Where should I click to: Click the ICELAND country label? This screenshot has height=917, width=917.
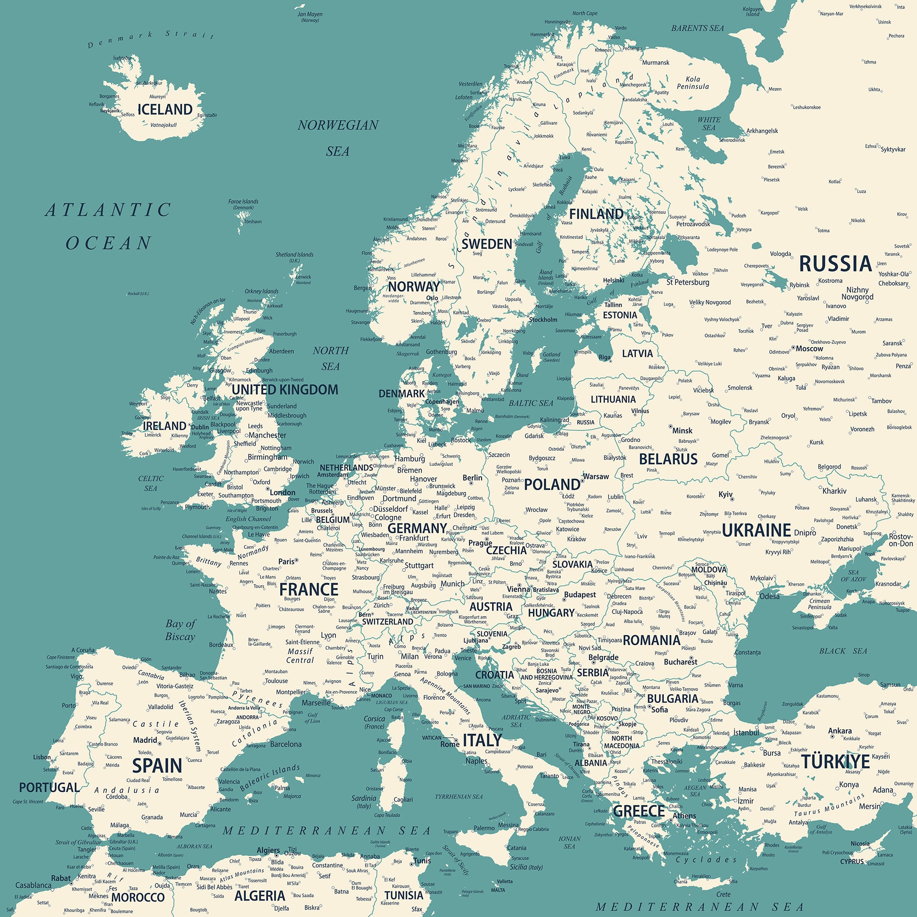tap(165, 110)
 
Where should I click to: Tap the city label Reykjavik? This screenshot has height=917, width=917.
tap(110, 110)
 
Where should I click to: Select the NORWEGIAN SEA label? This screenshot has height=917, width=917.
tap(338, 138)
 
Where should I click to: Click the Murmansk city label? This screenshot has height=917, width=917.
tap(656, 63)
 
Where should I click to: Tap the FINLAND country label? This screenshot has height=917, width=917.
tap(596, 214)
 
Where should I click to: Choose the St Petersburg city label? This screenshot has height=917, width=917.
tap(688, 282)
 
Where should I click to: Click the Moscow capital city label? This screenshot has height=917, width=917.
tap(809, 348)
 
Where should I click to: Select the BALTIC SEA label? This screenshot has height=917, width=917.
tap(531, 403)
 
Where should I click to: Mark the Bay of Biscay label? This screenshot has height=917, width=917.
tap(180, 630)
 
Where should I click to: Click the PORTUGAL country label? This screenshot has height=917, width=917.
tap(50, 787)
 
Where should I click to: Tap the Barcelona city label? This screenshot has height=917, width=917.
tap(286, 744)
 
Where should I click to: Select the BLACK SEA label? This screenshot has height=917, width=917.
tap(843, 651)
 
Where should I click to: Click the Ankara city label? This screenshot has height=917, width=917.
tap(840, 731)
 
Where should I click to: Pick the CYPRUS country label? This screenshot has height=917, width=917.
tap(851, 862)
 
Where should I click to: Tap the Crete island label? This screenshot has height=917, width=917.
tap(724, 894)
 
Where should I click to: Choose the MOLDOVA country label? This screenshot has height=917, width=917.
tap(709, 569)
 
